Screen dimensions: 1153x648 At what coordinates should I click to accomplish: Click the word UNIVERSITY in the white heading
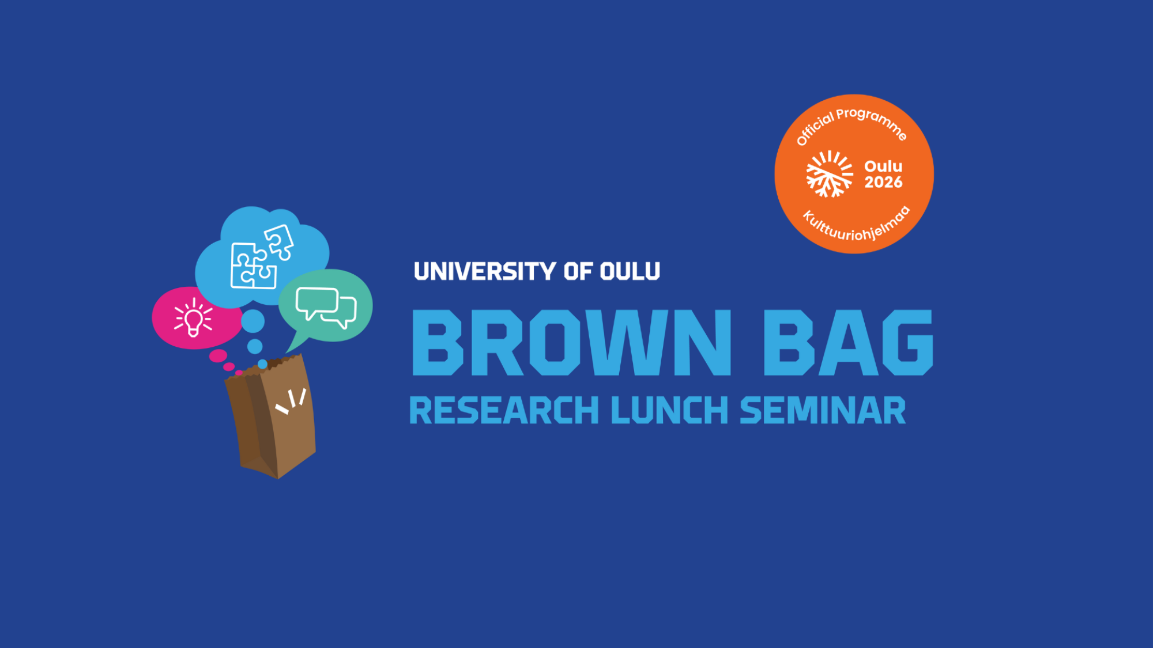485,271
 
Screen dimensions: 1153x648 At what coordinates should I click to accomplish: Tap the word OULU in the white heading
630,271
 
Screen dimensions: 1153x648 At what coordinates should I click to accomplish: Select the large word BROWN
571,343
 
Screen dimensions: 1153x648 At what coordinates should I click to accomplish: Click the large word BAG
848,343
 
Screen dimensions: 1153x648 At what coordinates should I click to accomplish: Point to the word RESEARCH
504,411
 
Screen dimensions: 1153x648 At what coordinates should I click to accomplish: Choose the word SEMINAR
823,411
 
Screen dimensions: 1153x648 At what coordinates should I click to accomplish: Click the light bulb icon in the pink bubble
194,317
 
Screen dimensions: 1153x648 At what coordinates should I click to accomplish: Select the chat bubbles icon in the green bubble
326,308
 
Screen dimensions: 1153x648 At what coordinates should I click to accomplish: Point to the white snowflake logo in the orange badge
829,174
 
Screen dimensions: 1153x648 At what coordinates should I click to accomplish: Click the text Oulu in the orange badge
883,166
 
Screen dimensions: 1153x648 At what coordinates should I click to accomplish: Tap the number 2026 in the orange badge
883,183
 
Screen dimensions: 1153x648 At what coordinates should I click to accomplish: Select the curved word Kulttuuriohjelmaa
857,225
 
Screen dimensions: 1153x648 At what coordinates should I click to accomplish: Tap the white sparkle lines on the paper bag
291,401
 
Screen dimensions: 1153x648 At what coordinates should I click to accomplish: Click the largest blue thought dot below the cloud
253,321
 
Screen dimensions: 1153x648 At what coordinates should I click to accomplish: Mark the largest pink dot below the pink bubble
218,356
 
